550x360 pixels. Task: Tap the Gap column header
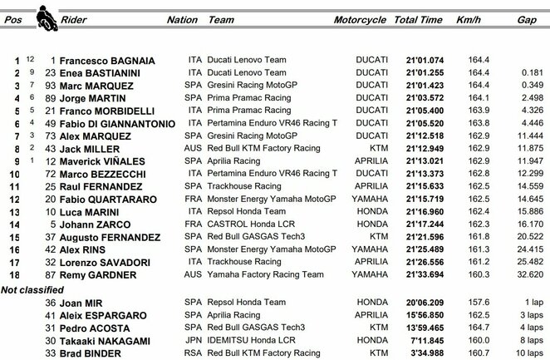[x=525, y=18]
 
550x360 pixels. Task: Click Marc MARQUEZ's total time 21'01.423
[x=419, y=86]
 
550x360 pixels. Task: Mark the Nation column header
[x=182, y=18]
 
